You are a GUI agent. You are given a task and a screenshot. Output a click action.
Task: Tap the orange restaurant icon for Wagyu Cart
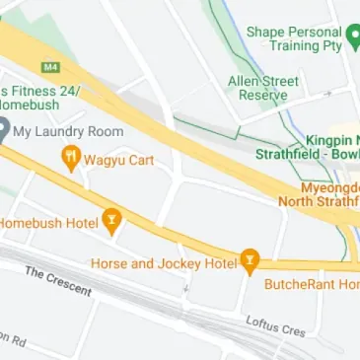tap(70, 157)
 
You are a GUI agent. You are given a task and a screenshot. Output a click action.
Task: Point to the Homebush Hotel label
tap(47, 223)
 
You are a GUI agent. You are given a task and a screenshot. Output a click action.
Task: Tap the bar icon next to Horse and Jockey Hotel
tap(250, 261)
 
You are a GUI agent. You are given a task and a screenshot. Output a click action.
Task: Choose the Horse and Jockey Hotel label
tap(164, 263)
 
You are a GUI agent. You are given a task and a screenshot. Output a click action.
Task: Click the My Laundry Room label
tap(69, 131)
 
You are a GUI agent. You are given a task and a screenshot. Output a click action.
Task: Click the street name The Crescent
tap(58, 282)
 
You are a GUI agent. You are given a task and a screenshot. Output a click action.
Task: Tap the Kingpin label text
tap(330, 141)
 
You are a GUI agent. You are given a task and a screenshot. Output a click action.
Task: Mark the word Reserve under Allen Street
tap(262, 95)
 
